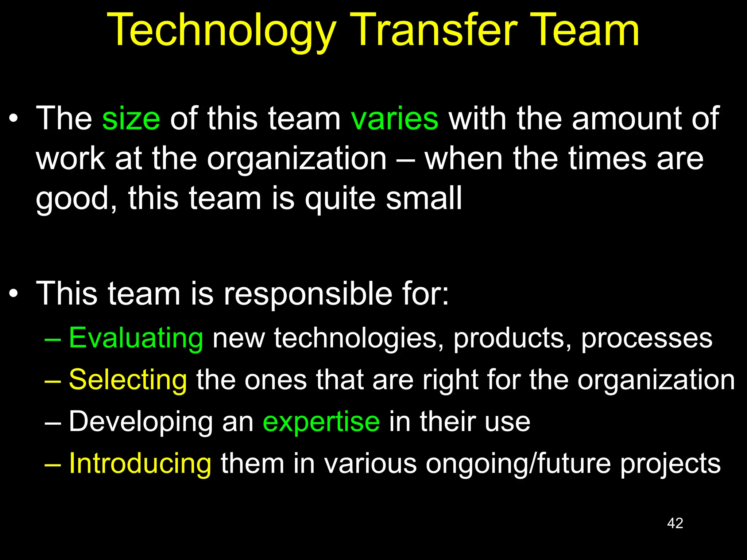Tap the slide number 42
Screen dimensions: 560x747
click(675, 523)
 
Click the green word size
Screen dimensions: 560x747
click(131, 118)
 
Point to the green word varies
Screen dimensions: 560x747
click(394, 118)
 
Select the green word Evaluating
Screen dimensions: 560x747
click(136, 338)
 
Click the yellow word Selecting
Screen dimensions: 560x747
click(128, 380)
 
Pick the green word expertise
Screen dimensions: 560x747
click(321, 422)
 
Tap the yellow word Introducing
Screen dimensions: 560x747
click(140, 463)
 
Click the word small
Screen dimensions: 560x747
click(424, 199)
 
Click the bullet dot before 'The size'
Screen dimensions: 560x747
click(14, 118)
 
